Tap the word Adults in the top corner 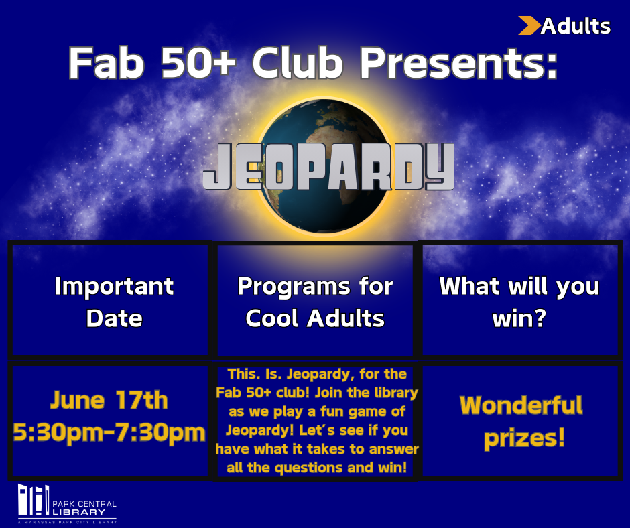click(x=575, y=27)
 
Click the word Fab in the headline click(x=107, y=63)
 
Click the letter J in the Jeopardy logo click(x=217, y=167)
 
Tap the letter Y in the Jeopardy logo click(x=440, y=167)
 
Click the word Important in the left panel click(x=114, y=286)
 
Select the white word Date click(x=115, y=318)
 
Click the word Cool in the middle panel click(x=273, y=318)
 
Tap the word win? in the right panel click(x=519, y=318)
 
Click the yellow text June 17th click(x=109, y=400)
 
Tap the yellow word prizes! click(x=525, y=438)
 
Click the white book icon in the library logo click(x=34, y=500)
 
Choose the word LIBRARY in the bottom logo click(x=79, y=512)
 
